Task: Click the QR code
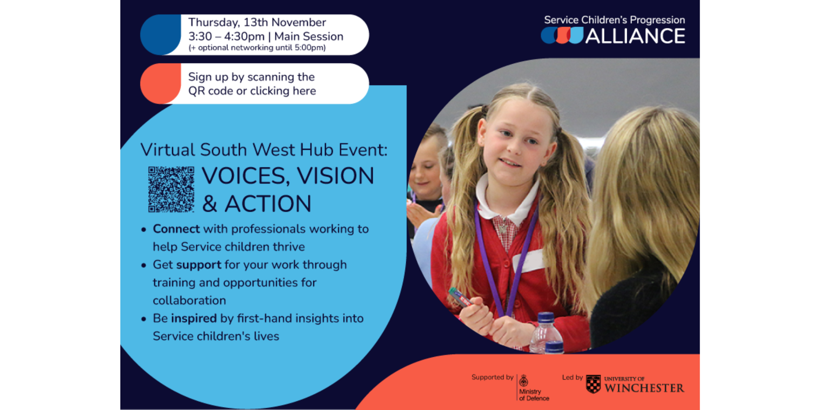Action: (171, 189)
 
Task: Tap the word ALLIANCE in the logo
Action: (635, 36)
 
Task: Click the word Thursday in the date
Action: (214, 22)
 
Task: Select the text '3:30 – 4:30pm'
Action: (226, 36)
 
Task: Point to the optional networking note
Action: (257, 48)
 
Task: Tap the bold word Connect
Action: (176, 229)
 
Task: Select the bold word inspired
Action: (194, 319)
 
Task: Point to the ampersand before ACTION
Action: (210, 204)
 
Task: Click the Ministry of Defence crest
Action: (524, 380)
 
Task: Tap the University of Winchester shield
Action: (593, 384)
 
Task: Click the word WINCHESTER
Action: (644, 388)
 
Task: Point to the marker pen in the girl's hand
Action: (460, 297)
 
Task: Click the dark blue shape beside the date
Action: (161, 35)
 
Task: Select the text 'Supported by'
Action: (492, 377)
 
